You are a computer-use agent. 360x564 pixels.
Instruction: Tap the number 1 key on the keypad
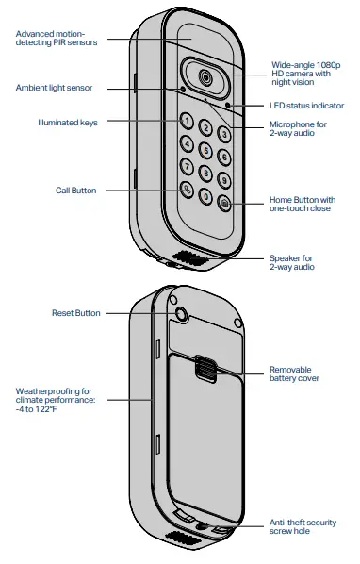pos(188,121)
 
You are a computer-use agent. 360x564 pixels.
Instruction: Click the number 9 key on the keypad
pos(223,179)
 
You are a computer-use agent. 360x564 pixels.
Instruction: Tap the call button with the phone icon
pos(188,189)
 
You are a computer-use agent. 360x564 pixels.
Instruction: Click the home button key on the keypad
pos(224,203)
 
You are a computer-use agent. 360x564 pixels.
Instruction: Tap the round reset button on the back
pos(180,313)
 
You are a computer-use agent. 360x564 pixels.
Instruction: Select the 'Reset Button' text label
pos(74,313)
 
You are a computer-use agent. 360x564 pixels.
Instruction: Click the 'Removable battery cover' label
pos(294,373)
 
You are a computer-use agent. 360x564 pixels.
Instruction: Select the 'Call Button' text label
pos(76,190)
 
